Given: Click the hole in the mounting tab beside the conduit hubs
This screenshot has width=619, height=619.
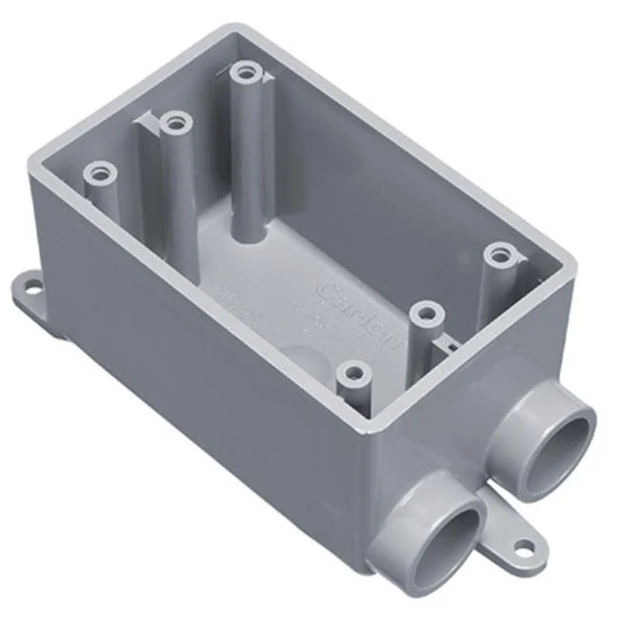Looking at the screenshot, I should (523, 549).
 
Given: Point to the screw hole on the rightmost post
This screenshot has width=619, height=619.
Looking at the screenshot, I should (498, 255).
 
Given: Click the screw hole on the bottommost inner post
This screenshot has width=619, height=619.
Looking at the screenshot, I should (355, 370).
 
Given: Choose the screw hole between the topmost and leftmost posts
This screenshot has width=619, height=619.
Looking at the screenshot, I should (173, 122).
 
